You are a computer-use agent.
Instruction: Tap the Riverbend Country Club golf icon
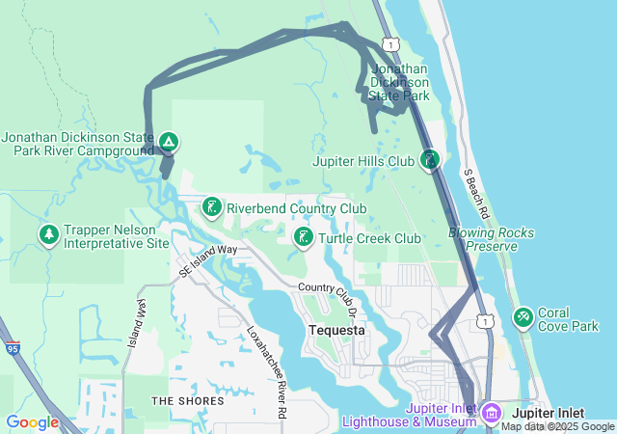(x=211, y=207)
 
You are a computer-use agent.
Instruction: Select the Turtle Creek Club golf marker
(x=303, y=237)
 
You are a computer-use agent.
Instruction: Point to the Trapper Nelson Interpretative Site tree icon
(x=48, y=234)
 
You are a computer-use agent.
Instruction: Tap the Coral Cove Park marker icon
(x=523, y=315)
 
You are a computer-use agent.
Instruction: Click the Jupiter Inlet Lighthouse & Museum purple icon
(x=491, y=414)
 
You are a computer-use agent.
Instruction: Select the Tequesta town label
(x=336, y=330)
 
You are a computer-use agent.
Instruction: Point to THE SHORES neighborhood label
(x=188, y=400)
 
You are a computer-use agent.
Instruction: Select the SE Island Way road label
(x=207, y=260)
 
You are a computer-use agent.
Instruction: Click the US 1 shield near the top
(x=389, y=43)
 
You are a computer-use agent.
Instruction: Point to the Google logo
(x=32, y=422)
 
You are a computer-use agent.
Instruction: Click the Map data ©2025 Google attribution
(x=557, y=426)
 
